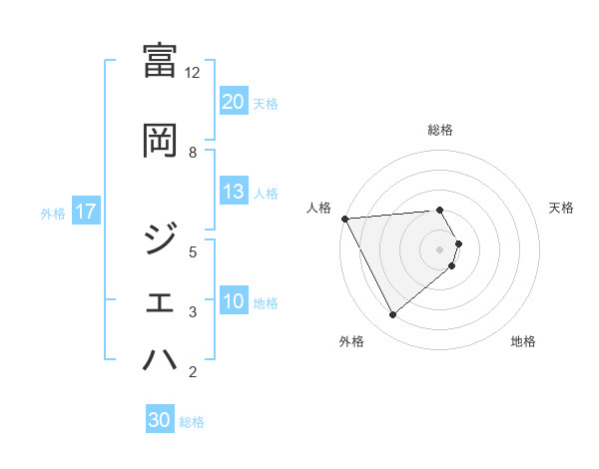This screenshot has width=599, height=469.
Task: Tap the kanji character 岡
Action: point(161,141)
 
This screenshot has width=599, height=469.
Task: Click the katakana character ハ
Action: point(161,360)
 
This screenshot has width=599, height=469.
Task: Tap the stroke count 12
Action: point(193,73)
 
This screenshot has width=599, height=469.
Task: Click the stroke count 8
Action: point(193,152)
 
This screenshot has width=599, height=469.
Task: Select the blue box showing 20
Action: point(234,102)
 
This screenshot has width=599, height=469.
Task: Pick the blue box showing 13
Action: point(234,192)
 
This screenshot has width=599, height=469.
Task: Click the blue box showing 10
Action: point(234,301)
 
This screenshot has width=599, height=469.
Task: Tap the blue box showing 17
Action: point(85,212)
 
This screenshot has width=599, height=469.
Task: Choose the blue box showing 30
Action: point(160,420)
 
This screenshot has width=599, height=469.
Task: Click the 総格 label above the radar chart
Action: point(440,130)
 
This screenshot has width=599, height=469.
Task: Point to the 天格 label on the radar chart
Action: point(562,208)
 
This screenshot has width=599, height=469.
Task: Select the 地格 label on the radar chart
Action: point(523,341)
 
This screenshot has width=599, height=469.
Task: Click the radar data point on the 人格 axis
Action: point(343,219)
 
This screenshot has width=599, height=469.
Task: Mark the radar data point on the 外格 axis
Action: point(392,315)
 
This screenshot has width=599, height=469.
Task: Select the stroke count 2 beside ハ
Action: point(193,373)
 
